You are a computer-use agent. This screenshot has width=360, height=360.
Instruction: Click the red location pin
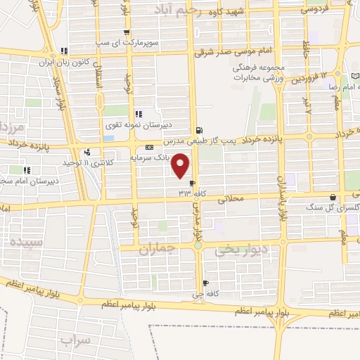click(181, 165)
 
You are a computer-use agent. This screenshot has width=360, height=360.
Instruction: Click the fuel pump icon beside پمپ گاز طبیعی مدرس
click(200, 130)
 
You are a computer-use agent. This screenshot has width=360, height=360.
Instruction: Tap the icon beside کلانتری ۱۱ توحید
click(87, 152)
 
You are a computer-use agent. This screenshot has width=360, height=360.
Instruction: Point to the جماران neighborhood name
click(156, 250)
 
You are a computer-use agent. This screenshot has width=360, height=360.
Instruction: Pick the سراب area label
click(76, 341)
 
